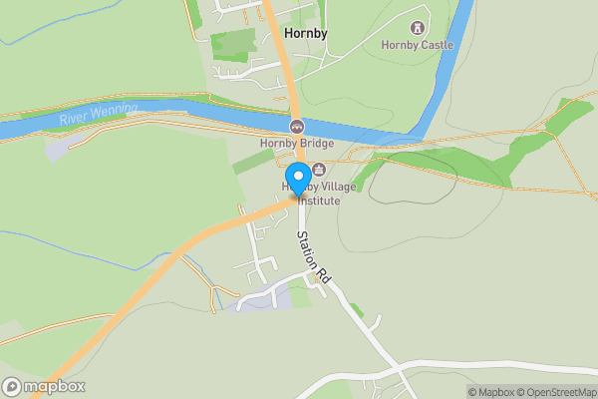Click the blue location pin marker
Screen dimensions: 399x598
point(297,179)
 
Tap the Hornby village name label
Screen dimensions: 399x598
point(306,33)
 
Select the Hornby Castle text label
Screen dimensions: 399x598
point(417,45)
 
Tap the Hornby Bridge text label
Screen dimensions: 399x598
point(297,143)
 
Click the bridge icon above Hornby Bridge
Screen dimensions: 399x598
point(297,127)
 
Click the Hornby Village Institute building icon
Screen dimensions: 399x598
point(319,170)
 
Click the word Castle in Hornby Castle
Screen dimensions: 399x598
point(436,45)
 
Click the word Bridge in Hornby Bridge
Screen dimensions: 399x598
point(316,143)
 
